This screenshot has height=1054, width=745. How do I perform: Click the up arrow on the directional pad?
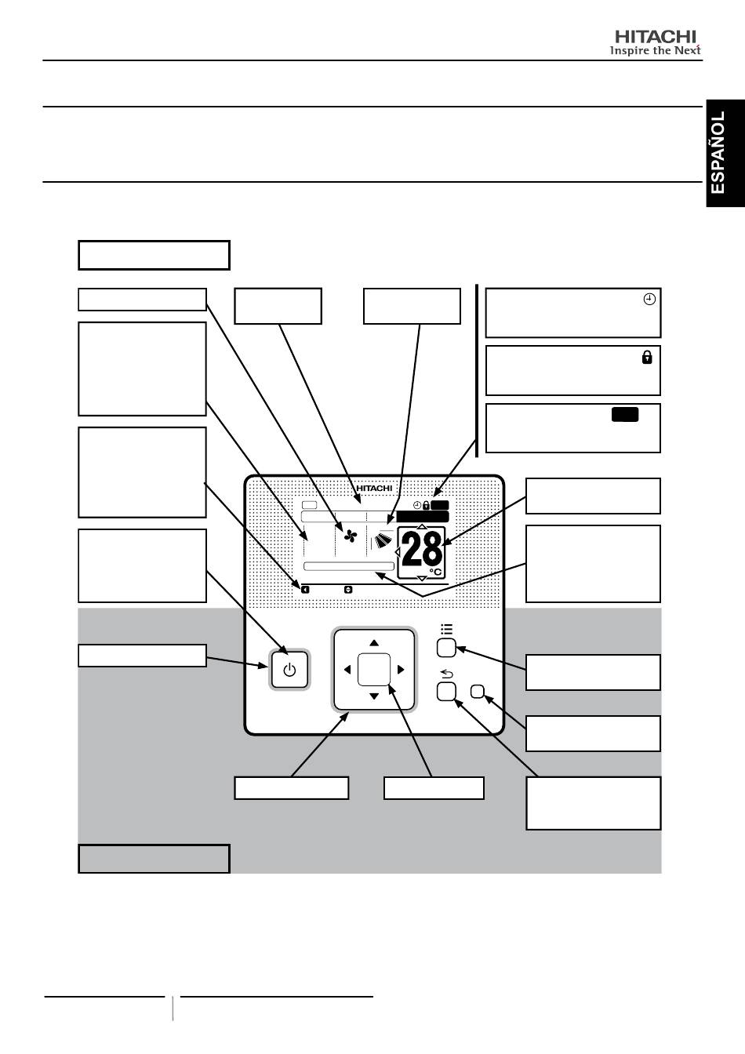[374, 643]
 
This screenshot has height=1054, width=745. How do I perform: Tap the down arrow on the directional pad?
[374, 696]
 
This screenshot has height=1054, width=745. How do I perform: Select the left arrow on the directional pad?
[347, 670]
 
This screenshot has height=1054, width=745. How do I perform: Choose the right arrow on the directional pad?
[401, 670]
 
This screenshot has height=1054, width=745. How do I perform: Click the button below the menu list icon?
[446, 648]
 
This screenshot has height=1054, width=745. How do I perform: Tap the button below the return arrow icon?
[446, 692]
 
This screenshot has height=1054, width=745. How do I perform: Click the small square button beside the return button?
[478, 691]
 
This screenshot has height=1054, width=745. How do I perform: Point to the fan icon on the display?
[351, 536]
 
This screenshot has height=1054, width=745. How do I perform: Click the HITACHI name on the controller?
[374, 489]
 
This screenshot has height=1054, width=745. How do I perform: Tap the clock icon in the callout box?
[649, 300]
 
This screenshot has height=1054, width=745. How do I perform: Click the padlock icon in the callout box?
[647, 357]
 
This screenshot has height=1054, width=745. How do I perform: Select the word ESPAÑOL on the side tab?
[718, 152]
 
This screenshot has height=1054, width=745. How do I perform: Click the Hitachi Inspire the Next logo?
[656, 43]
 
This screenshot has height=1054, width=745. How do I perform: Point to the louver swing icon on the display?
[384, 540]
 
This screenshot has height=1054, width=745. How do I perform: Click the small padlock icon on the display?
[426, 505]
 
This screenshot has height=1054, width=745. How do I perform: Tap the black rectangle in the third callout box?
[625, 415]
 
